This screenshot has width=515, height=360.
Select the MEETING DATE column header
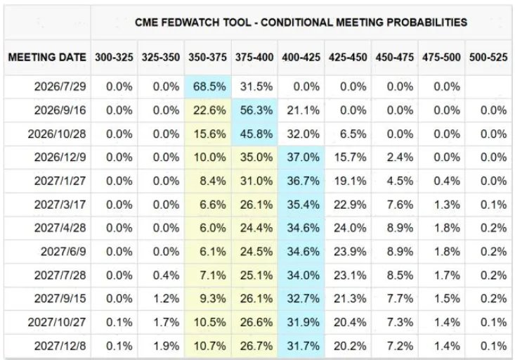(47, 57)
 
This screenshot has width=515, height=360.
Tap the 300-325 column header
(115, 57)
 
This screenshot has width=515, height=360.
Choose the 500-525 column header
(488, 57)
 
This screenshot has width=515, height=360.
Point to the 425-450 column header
(348, 57)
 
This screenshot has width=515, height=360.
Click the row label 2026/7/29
(60, 86)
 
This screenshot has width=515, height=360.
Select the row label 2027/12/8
(60, 346)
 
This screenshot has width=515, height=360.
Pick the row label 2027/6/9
(63, 252)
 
